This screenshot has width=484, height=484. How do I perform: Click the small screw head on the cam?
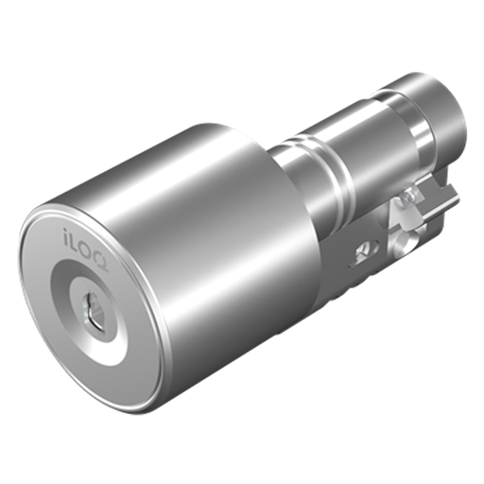click(x=410, y=196)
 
